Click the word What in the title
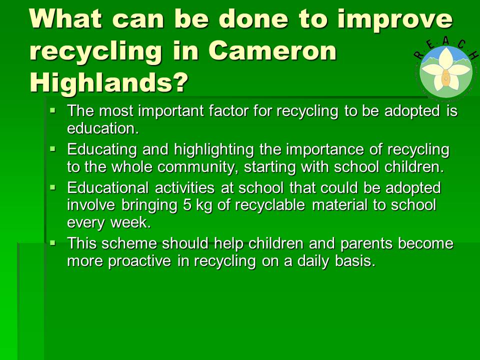(x=65, y=18)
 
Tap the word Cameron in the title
(x=272, y=51)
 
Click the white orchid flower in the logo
(x=445, y=70)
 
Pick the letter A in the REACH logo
(x=445, y=41)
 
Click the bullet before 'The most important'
(x=53, y=109)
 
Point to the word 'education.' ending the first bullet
(x=103, y=128)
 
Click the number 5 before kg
(x=187, y=205)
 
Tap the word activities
(x=184, y=187)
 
